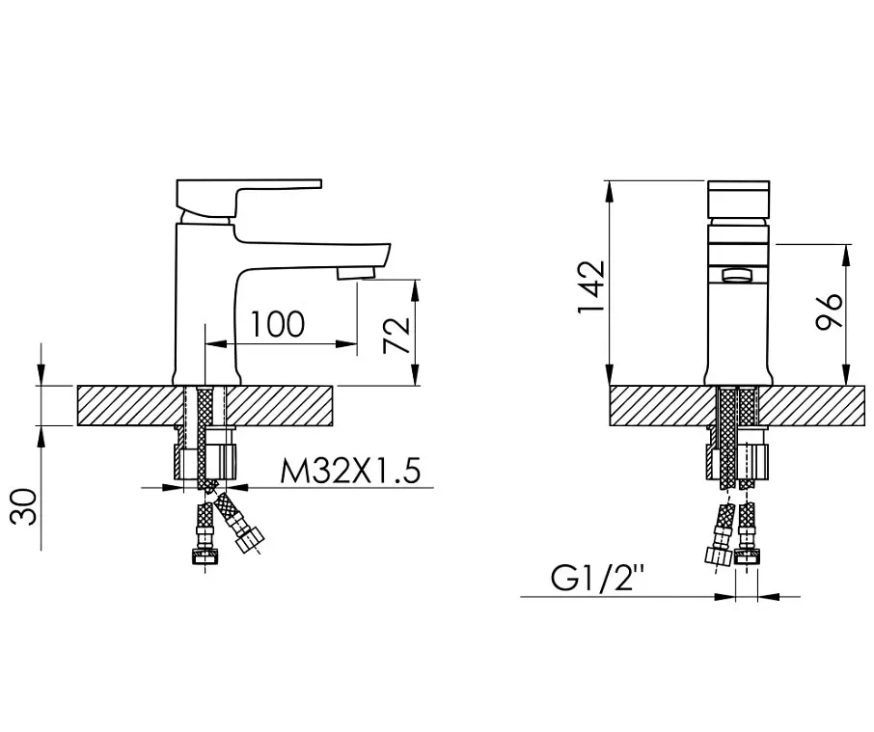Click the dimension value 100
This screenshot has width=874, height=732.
[278, 325]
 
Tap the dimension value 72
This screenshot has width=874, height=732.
[396, 336]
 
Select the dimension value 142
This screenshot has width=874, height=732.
[591, 286]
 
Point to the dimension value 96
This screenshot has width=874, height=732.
[829, 311]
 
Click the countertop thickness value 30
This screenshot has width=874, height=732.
[24, 507]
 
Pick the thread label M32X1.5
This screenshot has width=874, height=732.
[350, 472]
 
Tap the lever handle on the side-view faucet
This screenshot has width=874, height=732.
[249, 198]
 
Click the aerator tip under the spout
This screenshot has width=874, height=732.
[356, 273]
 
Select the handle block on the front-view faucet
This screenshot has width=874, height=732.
[739, 200]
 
